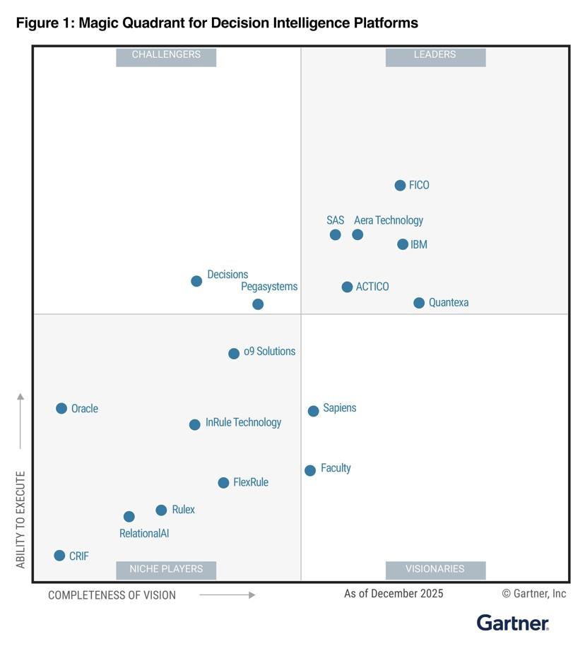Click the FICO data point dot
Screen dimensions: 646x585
[x=400, y=186]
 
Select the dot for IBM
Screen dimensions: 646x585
[x=403, y=244]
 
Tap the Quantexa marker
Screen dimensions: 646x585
[x=419, y=303]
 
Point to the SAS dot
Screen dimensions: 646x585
[x=335, y=234]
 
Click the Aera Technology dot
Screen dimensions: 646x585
[x=357, y=234]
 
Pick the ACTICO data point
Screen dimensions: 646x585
[x=347, y=287]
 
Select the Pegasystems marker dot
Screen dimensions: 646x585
[x=258, y=304]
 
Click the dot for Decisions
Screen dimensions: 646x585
[x=196, y=281]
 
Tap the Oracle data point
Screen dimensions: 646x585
[x=61, y=408]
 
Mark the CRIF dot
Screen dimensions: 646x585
[x=59, y=556]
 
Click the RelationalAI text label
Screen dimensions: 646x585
[x=144, y=534]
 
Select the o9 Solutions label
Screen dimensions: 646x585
[x=269, y=352]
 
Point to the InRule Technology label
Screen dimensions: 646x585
[x=243, y=422]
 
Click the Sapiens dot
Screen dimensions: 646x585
[x=313, y=411]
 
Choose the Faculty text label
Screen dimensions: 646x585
[x=336, y=468]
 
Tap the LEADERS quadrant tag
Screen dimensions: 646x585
[x=435, y=55]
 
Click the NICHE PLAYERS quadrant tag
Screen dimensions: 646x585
[x=166, y=569]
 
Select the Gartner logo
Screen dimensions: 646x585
[x=513, y=623]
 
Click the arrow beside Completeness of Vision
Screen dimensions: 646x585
[x=227, y=595]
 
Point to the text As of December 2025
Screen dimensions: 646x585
[x=394, y=594]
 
